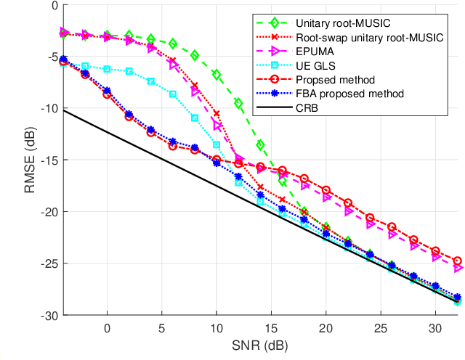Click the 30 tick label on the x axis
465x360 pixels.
[x=435, y=327]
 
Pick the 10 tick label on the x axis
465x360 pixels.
[x=217, y=327]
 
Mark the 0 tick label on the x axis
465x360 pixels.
[x=108, y=327]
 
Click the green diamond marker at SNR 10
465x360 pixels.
[x=217, y=75]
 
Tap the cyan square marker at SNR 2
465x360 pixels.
[x=129, y=71]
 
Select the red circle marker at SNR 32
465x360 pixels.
[x=457, y=261]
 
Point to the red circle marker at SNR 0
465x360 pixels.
[x=108, y=94]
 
